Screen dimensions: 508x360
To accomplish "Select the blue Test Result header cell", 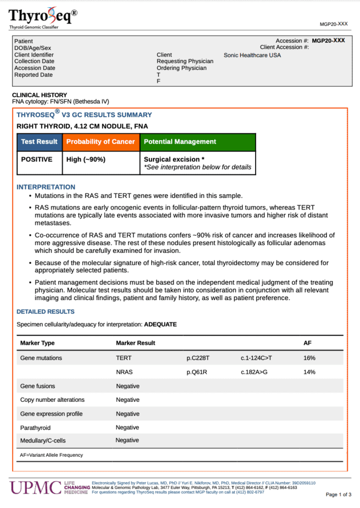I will pyautogui.click(x=39, y=142).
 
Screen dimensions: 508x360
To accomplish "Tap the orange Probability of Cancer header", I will pyautogui.click(x=101, y=142).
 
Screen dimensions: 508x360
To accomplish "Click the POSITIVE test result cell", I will pyautogui.click(x=37, y=159).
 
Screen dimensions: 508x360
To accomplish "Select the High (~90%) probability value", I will pyautogui.click(x=86, y=159).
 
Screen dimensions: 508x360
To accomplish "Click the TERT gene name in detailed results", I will pyautogui.click(x=124, y=358).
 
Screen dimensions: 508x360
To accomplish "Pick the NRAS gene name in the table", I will pyautogui.click(x=124, y=372).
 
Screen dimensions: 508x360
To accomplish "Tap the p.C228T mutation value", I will pyautogui.click(x=198, y=358).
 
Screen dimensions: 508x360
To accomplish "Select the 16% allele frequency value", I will pyautogui.click(x=309, y=358).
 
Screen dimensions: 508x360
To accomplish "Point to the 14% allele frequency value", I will pyautogui.click(x=309, y=372).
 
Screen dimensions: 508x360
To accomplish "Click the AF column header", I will pyautogui.click(x=307, y=343).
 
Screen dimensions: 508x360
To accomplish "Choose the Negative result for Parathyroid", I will pyautogui.click(x=128, y=427).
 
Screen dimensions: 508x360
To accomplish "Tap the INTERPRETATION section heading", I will pyautogui.click(x=46, y=187).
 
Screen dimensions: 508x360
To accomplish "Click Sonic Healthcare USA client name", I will pyautogui.click(x=252, y=55).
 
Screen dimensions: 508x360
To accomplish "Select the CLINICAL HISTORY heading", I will pyautogui.click(x=40, y=95).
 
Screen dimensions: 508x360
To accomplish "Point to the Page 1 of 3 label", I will pyautogui.click(x=339, y=495).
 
